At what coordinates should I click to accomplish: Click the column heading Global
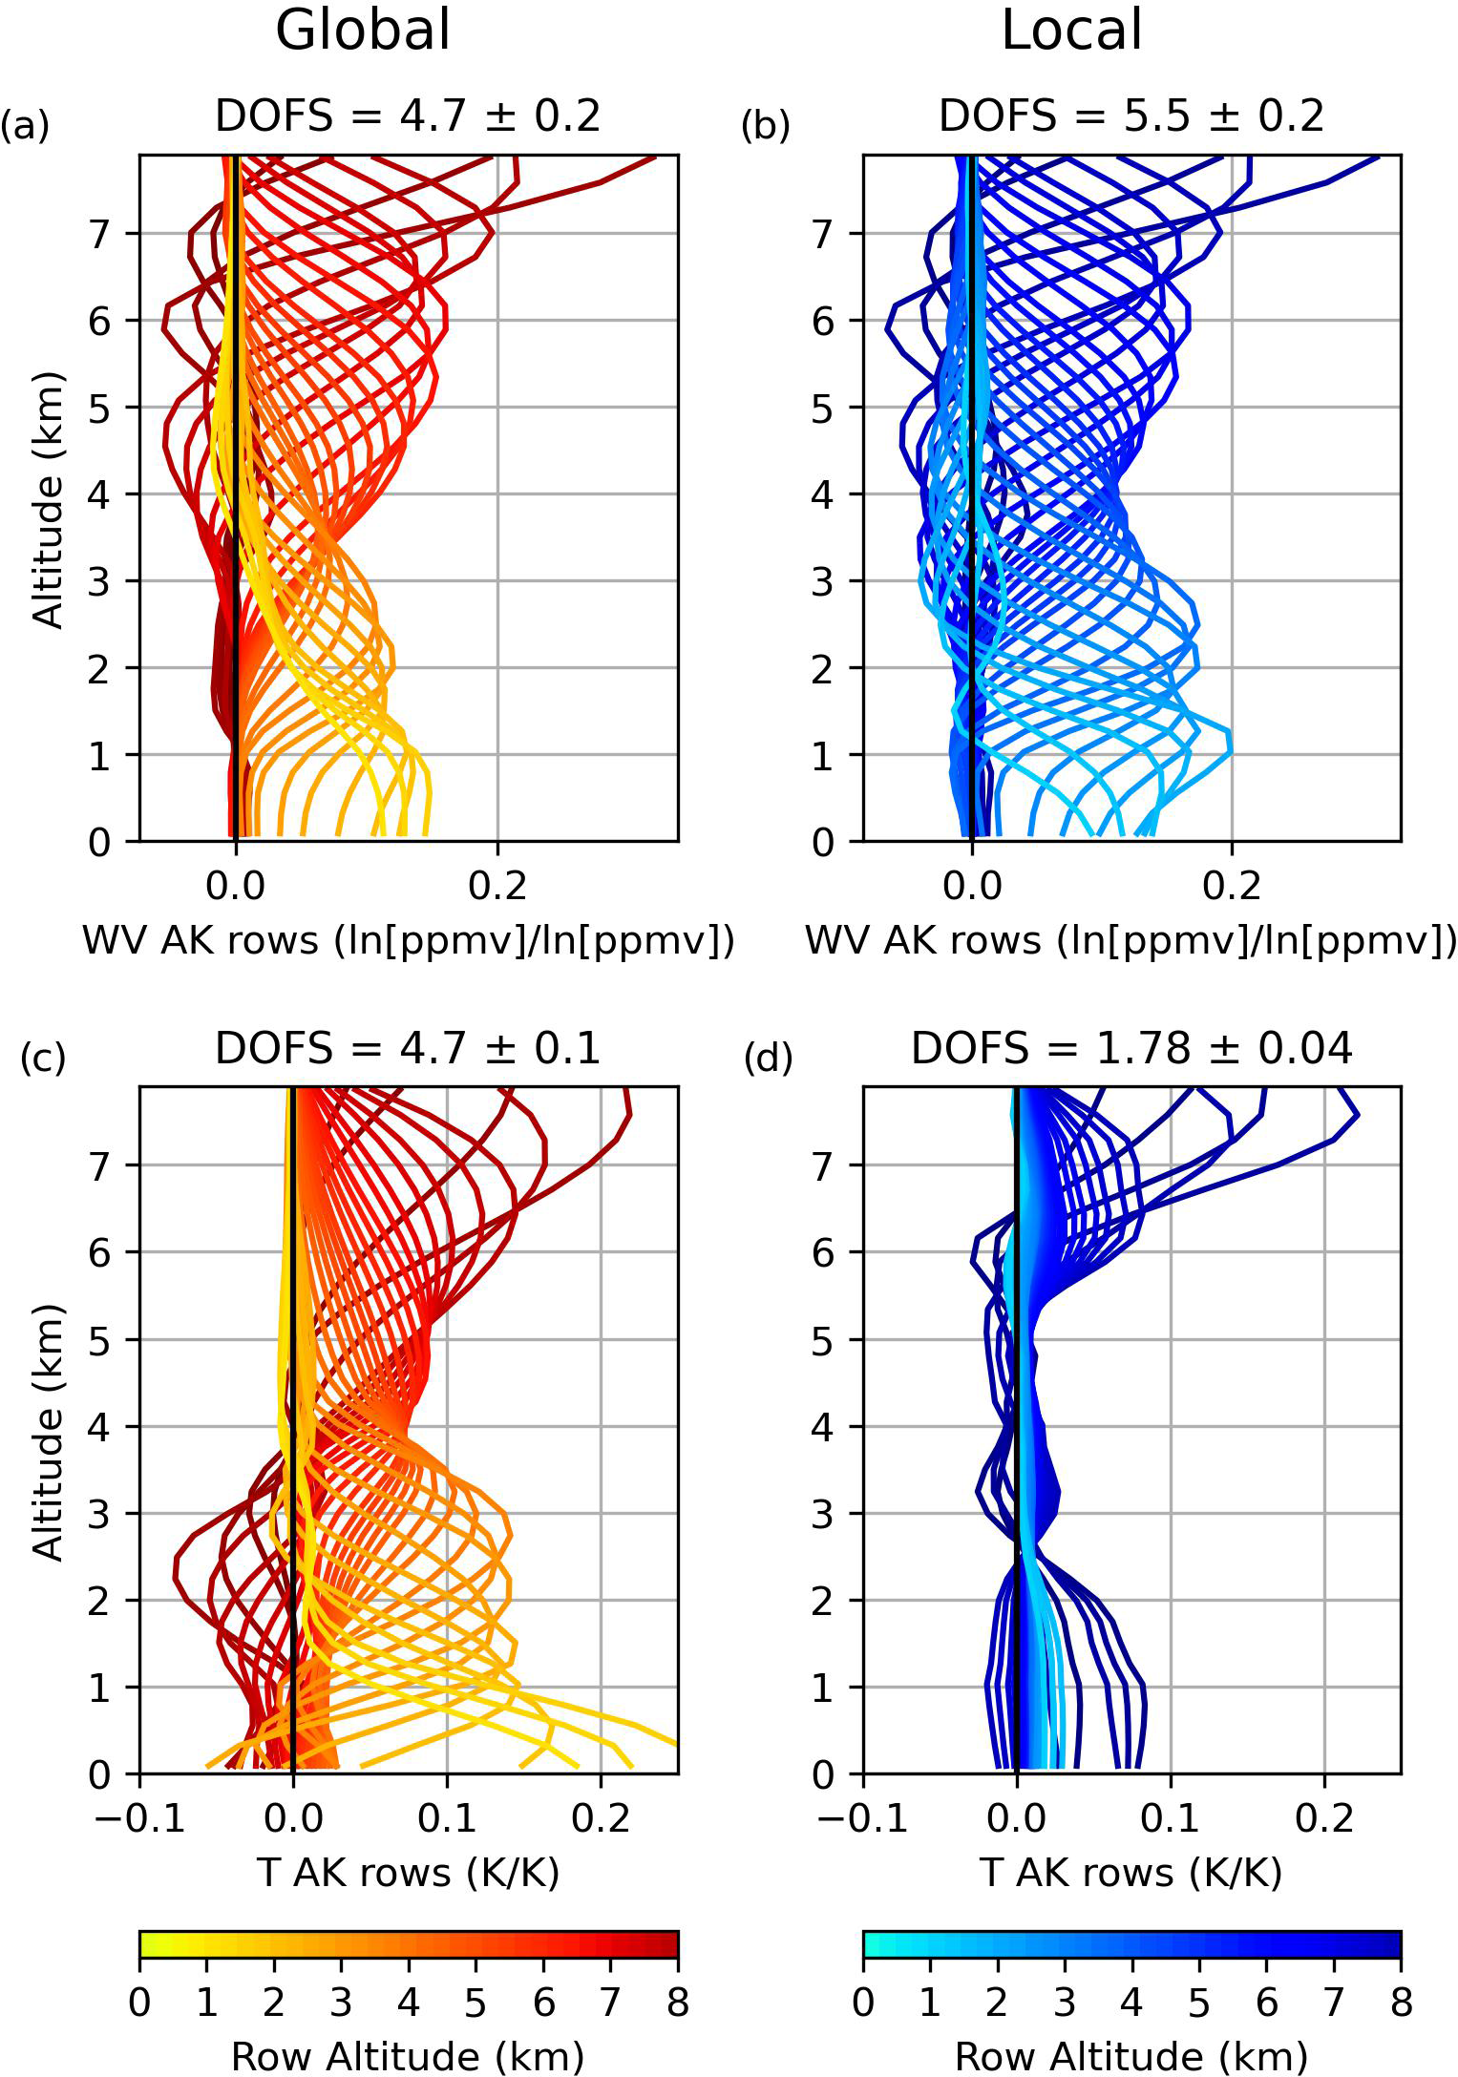coord(363,31)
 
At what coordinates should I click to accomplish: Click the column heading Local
coord(1071,31)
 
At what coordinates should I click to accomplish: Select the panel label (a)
coord(25,125)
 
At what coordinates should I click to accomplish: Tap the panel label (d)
coord(768,1058)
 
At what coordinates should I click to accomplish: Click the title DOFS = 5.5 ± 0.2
coord(1131,116)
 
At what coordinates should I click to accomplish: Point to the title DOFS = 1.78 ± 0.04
coord(1131,1049)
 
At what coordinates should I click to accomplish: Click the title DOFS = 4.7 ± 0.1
coord(408,1049)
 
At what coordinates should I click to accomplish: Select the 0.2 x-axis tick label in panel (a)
coord(497,887)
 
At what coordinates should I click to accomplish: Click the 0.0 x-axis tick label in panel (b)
coord(972,887)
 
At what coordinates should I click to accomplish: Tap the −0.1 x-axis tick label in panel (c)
coord(139,1819)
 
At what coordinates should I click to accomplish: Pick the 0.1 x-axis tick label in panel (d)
coord(1171,1819)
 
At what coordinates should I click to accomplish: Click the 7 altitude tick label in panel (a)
coord(100,234)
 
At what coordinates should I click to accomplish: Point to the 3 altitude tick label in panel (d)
coord(823,1514)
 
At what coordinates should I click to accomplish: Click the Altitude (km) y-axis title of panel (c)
coord(48,1432)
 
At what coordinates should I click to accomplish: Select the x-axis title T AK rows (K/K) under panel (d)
coord(1131,1874)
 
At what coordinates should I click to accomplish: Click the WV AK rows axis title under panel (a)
coord(408,941)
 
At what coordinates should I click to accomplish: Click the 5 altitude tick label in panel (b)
coord(823,409)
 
